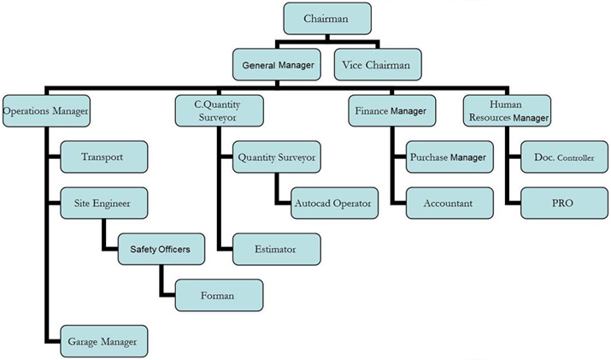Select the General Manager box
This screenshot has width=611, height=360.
[278, 64]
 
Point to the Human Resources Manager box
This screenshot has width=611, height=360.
[506, 111]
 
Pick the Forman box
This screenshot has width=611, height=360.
[217, 296]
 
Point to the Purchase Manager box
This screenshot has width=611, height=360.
[449, 157]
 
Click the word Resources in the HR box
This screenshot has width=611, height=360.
[491, 117]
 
